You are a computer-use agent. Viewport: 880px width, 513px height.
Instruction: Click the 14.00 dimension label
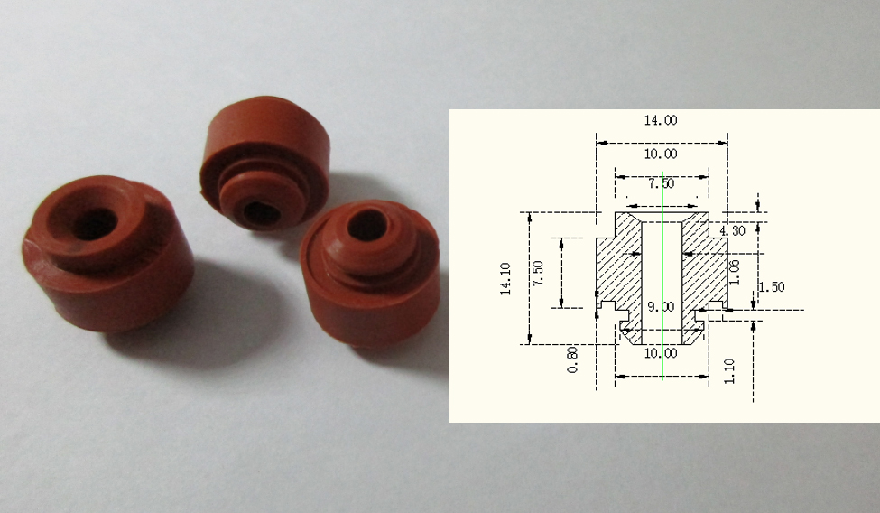[661, 120]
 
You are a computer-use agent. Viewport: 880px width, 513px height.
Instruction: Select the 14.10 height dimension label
[505, 279]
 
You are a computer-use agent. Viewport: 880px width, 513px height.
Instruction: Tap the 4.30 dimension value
[732, 231]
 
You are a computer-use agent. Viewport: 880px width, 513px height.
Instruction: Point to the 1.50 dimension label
[772, 287]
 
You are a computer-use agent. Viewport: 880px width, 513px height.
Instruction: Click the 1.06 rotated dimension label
[735, 272]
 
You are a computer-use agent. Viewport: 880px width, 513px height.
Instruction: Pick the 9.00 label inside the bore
[661, 307]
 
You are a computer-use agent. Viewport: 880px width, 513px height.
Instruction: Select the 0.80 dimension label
[572, 360]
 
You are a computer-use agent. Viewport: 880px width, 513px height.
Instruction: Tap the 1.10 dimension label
[729, 371]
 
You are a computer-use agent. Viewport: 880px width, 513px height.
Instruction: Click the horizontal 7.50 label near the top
[661, 183]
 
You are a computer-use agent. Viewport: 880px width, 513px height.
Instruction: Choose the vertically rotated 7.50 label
[538, 273]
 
